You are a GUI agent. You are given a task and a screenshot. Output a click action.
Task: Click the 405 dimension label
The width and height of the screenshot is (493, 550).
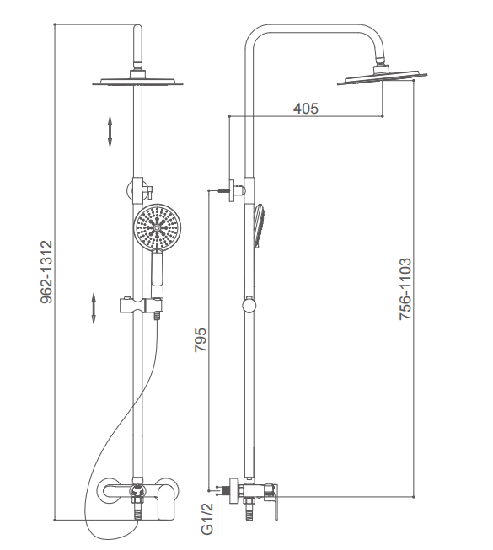coord(306,109)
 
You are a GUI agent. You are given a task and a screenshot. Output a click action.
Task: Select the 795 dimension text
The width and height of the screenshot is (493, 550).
coord(201,339)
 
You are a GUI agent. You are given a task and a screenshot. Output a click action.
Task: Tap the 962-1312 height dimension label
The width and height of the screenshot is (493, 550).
coord(46,271)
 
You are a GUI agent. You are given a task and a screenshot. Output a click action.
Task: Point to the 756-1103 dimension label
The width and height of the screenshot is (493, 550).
coord(405,289)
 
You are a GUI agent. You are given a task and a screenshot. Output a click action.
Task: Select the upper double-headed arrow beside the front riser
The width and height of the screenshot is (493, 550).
coord(110,131)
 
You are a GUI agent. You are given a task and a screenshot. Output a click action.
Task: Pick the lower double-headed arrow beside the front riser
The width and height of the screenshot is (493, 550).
coord(94,308)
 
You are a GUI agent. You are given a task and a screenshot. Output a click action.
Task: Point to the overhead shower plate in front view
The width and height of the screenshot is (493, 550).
coord(138,82)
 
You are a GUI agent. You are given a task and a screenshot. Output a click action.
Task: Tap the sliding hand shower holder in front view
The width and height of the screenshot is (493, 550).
coord(142,306)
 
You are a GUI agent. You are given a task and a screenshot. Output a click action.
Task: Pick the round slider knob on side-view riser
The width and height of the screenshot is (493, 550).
coord(249,304)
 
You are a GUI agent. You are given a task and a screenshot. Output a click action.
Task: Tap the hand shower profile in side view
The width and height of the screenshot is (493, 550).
coord(259,227)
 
